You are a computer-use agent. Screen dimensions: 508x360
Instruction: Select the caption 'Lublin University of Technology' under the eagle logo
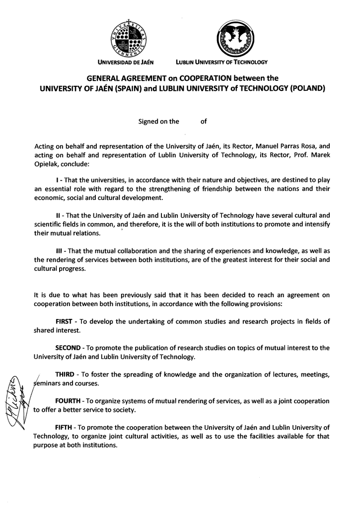[221, 63]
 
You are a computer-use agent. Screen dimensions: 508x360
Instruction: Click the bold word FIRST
[64, 321]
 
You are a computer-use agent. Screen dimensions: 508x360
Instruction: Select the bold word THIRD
[65, 375]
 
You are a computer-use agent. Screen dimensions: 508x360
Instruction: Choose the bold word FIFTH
[63, 427]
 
